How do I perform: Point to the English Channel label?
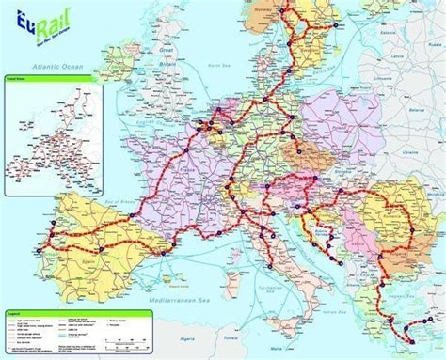141,127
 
